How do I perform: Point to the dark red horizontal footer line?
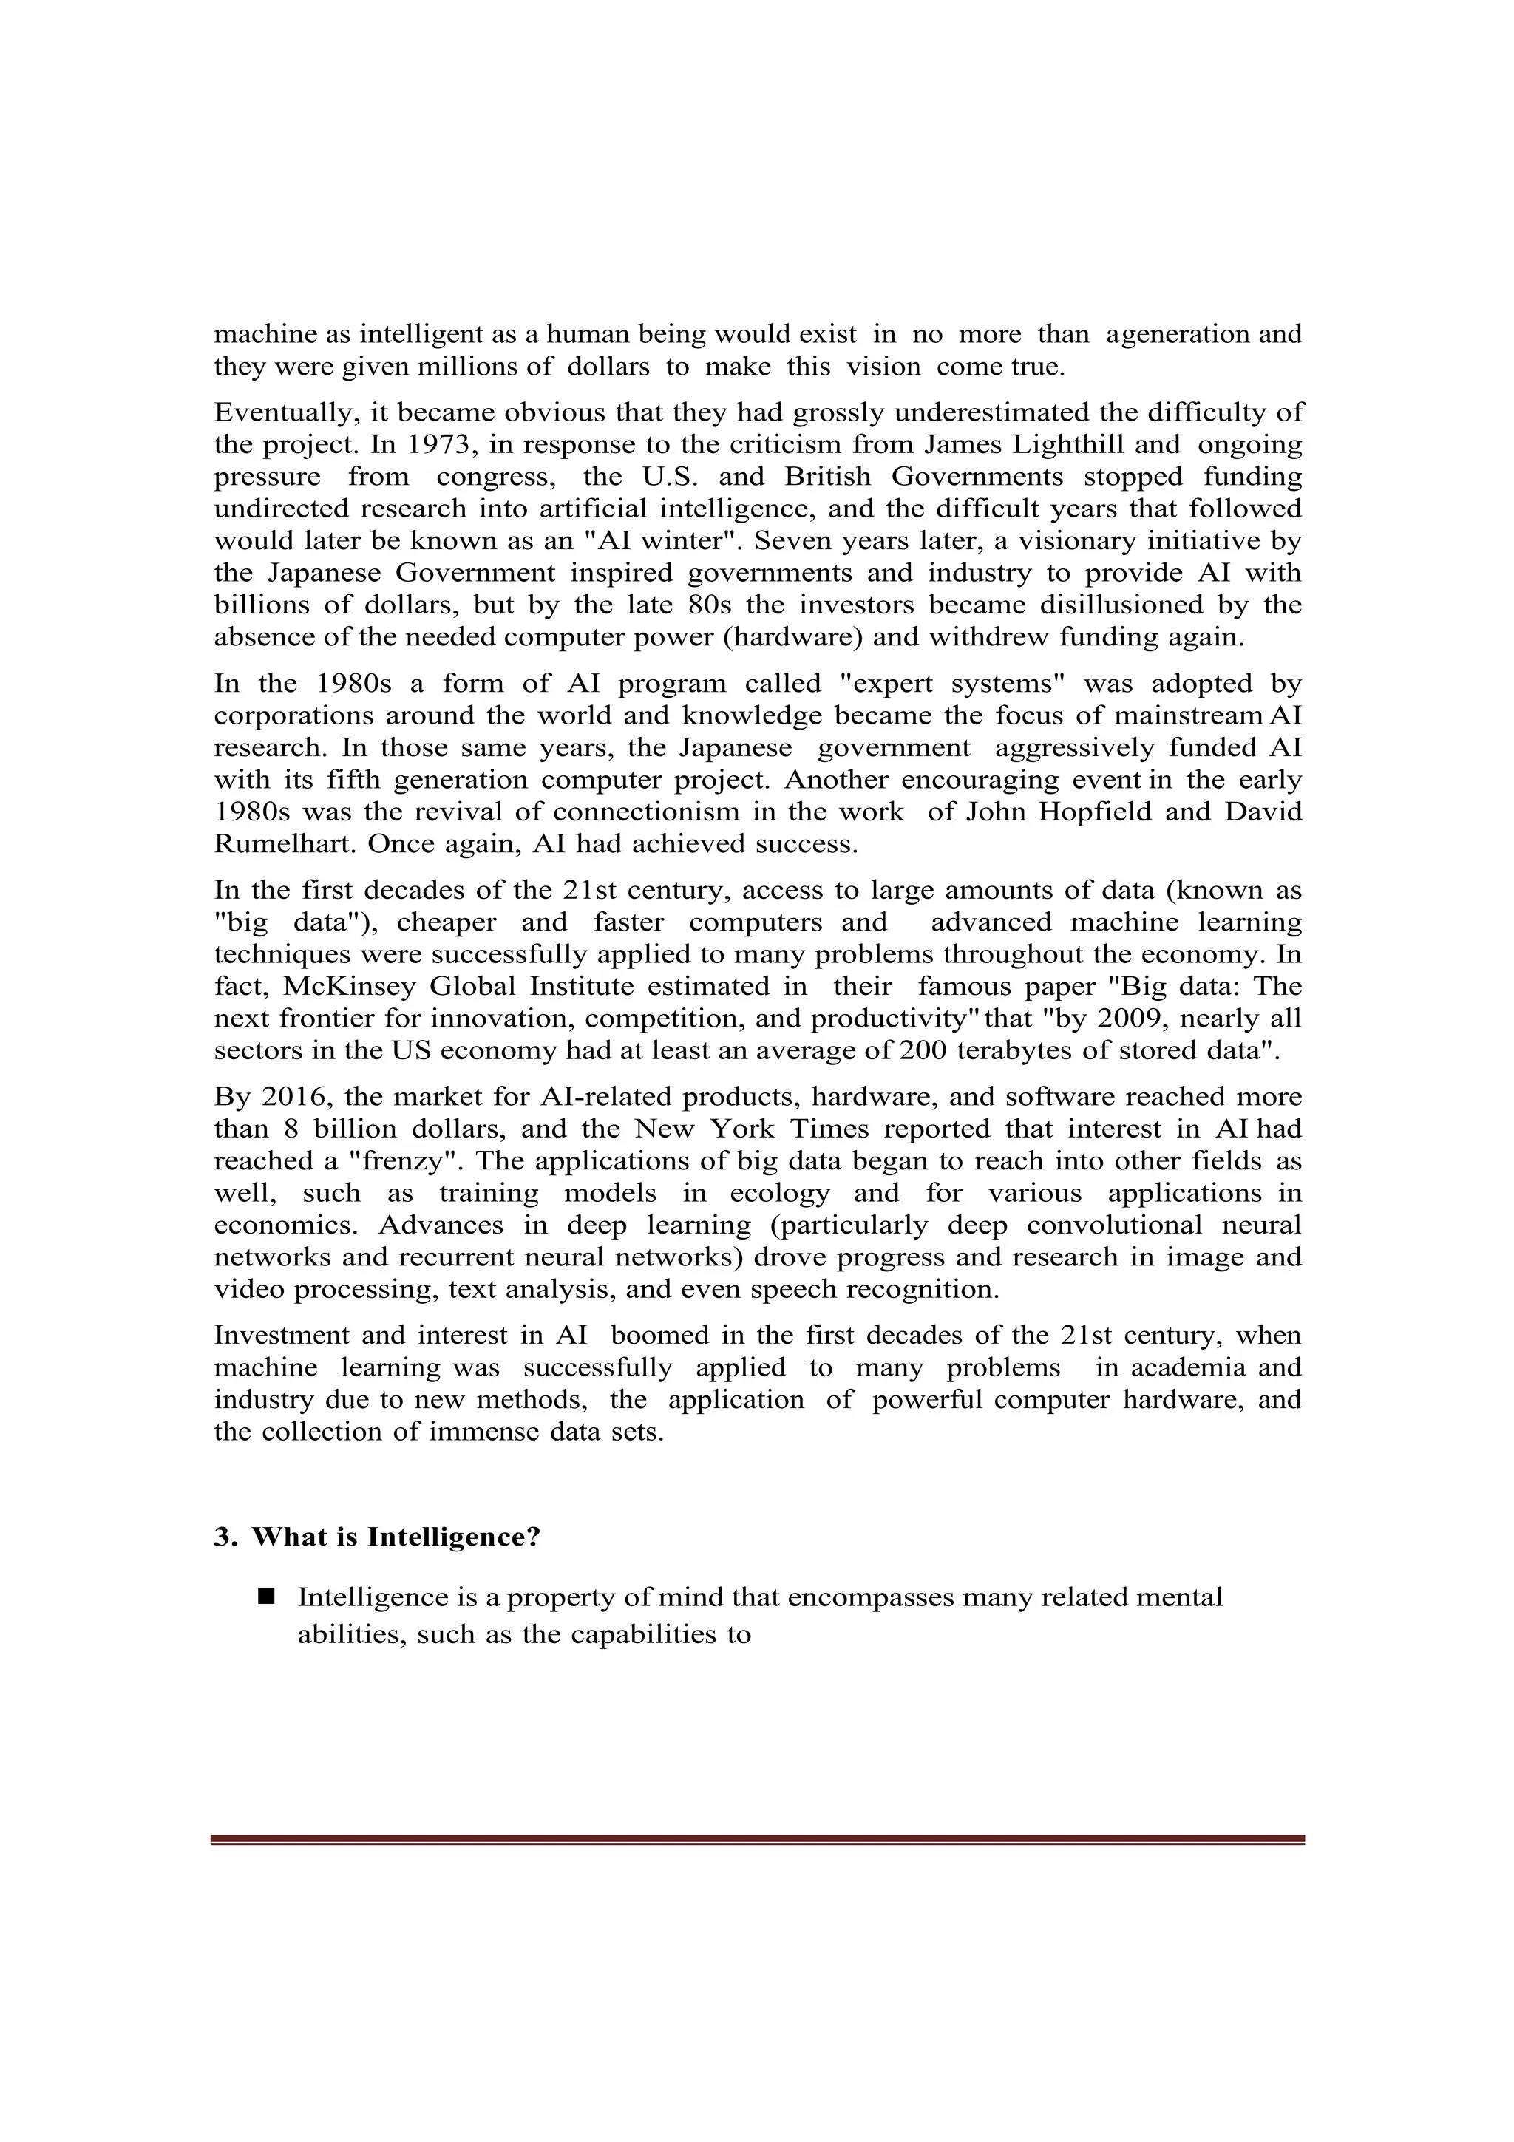(756, 1839)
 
